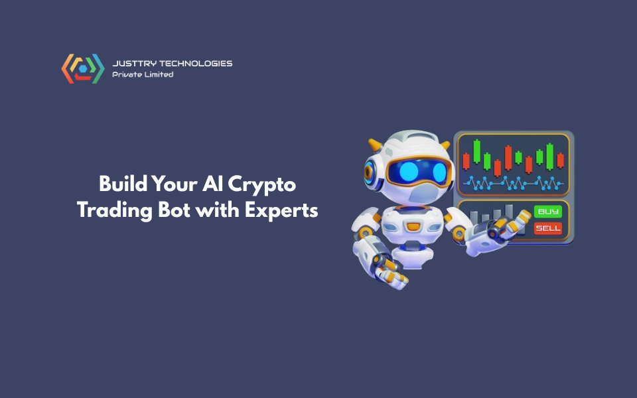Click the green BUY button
point(547,212)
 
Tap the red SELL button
point(547,228)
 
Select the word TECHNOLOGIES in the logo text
point(196,64)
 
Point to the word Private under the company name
point(127,74)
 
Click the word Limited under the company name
point(159,74)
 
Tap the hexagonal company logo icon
point(83,68)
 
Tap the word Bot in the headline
point(174,211)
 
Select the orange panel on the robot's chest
point(414,227)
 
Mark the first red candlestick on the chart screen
point(466,161)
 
